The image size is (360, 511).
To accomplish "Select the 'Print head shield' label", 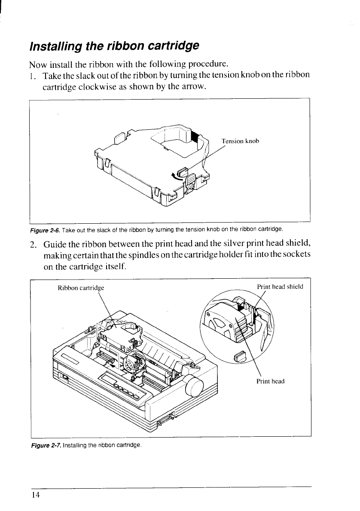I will pyautogui.click(x=280, y=286).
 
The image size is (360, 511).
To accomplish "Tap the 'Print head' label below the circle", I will pyautogui.click(x=270, y=381).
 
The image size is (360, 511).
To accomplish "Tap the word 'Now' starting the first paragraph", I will pyautogui.click(x=37, y=65).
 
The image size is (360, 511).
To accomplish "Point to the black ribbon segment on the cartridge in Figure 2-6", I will pyautogui.click(x=195, y=137).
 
